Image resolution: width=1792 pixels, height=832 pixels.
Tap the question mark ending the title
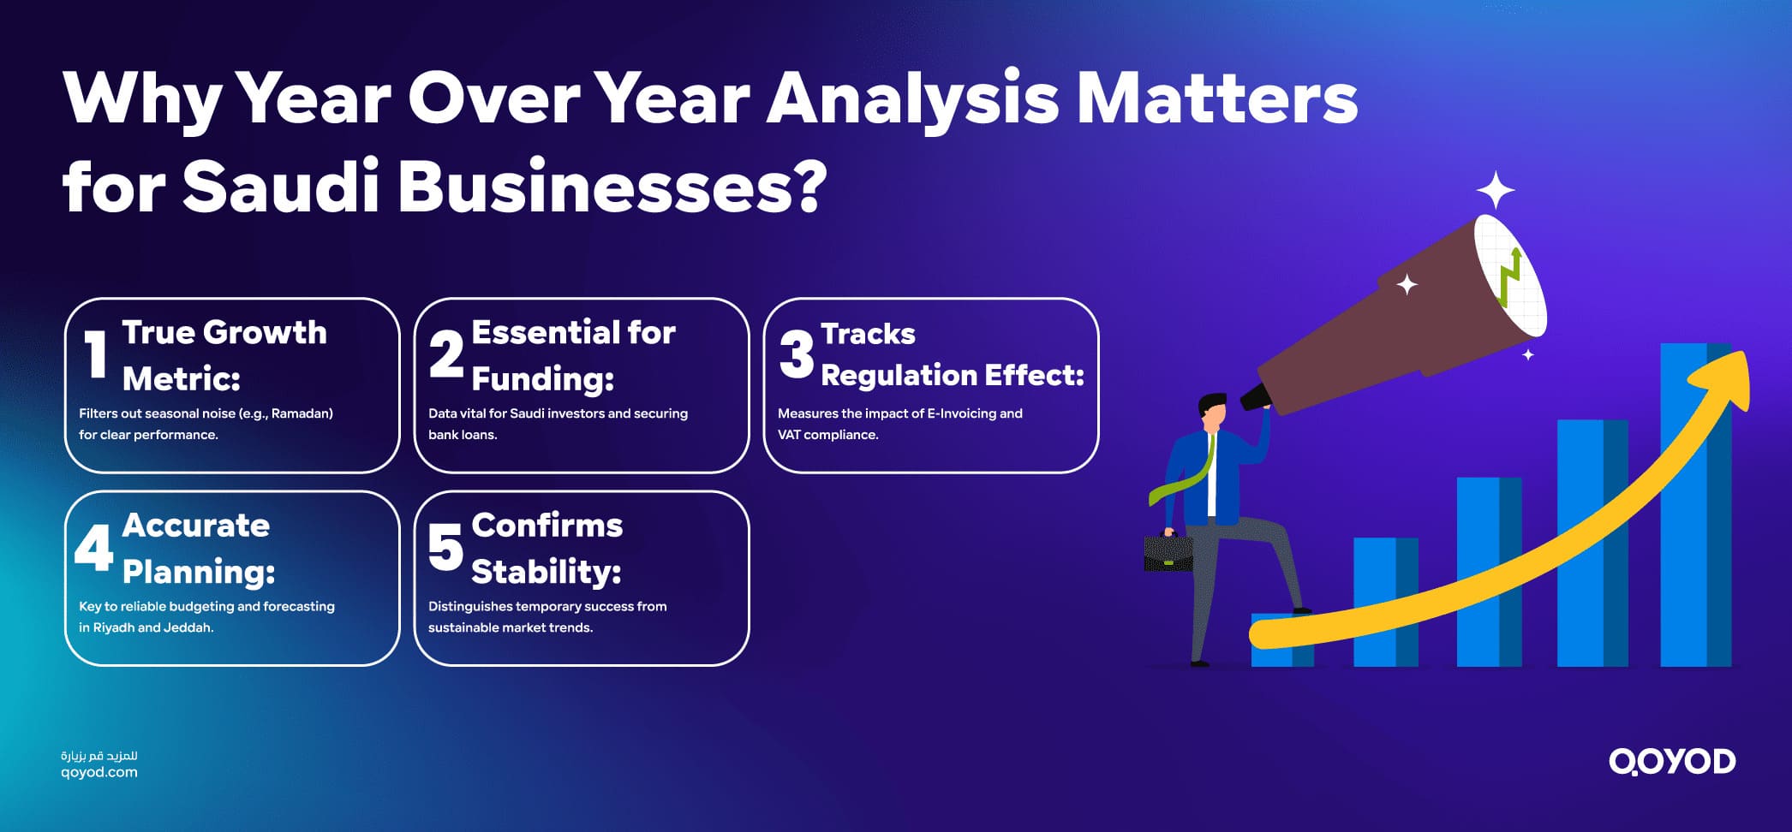point(805,186)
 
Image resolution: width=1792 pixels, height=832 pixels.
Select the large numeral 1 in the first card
point(96,354)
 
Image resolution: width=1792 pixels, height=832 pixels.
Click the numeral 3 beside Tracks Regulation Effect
point(796,354)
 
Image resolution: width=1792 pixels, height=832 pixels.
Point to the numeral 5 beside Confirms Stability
point(445,547)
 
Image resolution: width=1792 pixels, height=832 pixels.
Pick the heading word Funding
point(542,378)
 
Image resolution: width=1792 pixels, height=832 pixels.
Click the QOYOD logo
point(1671,761)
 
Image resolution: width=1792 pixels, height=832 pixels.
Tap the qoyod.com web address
point(99,772)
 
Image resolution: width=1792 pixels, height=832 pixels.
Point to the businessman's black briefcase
point(1168,553)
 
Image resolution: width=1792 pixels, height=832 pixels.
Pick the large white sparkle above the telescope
point(1496,190)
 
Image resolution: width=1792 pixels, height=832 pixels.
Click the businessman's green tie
point(1191,479)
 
